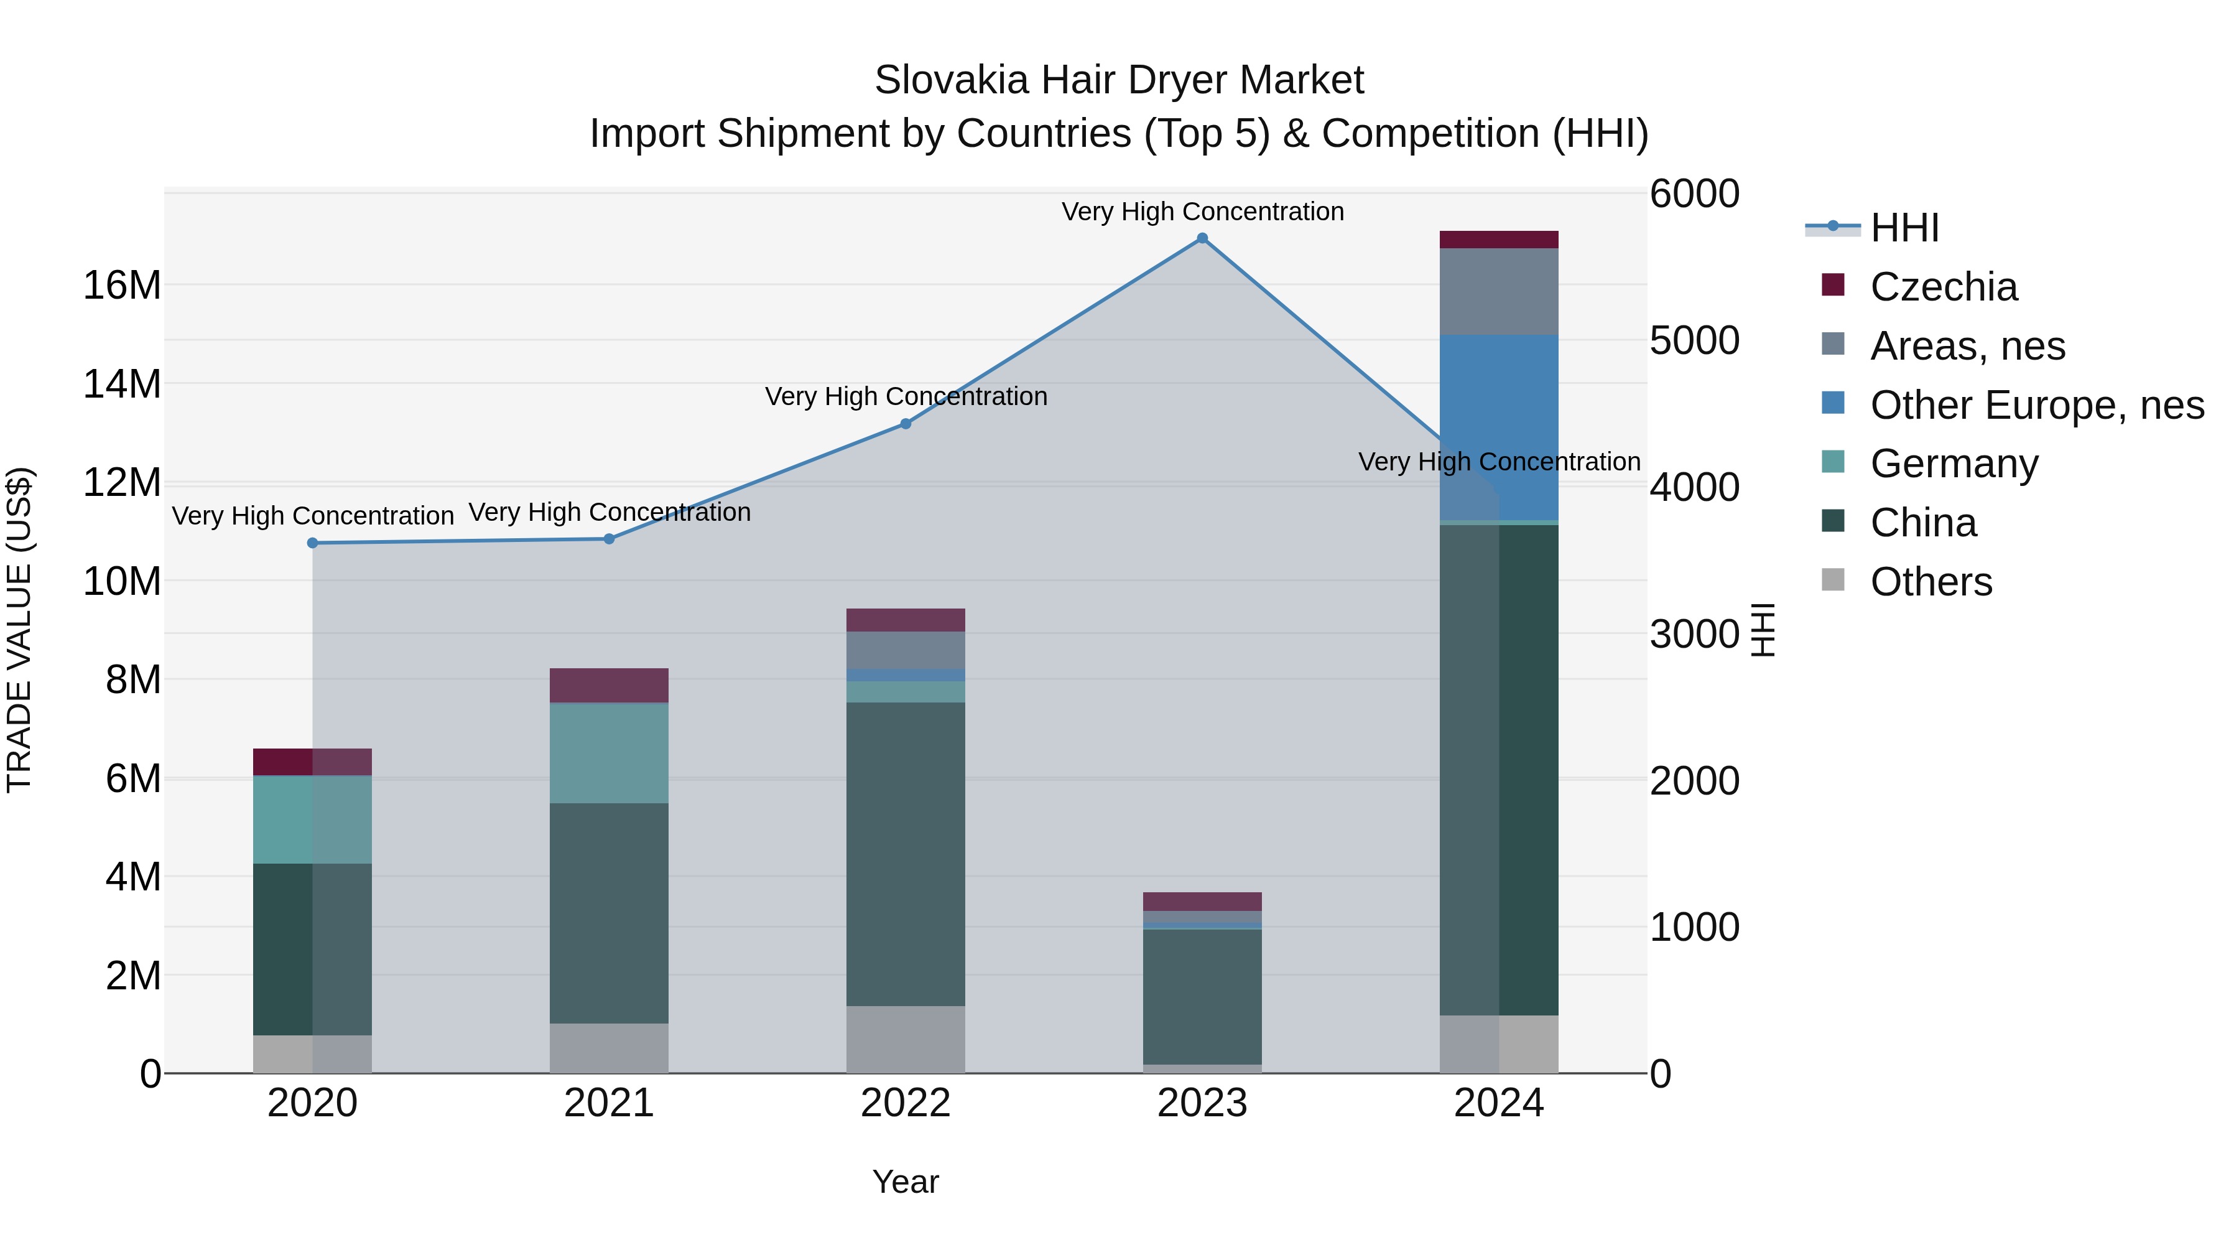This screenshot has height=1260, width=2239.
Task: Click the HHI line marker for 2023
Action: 1202,238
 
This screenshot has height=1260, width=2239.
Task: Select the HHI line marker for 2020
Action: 313,543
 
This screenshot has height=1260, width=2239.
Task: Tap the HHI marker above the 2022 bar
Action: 906,424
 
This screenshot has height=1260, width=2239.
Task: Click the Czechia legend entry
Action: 1944,287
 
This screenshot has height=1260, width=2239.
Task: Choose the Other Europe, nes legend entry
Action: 2036,405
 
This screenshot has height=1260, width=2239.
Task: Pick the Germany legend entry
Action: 1954,464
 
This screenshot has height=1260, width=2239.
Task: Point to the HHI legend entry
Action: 1904,228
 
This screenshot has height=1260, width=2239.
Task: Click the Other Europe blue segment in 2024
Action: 1498,426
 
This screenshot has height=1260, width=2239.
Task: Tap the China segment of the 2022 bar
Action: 906,854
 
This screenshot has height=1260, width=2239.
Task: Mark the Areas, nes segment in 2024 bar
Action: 1498,291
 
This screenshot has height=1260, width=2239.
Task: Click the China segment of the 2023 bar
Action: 1202,997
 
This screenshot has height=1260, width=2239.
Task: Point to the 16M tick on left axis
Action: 122,285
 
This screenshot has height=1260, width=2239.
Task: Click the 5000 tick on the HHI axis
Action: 1694,341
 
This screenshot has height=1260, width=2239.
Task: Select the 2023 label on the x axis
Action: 1202,1103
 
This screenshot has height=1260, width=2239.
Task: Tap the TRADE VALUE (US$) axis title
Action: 19,630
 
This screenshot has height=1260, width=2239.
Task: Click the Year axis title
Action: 906,1182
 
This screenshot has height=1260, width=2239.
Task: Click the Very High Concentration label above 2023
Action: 1202,212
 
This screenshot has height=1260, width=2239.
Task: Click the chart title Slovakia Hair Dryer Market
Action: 1119,80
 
